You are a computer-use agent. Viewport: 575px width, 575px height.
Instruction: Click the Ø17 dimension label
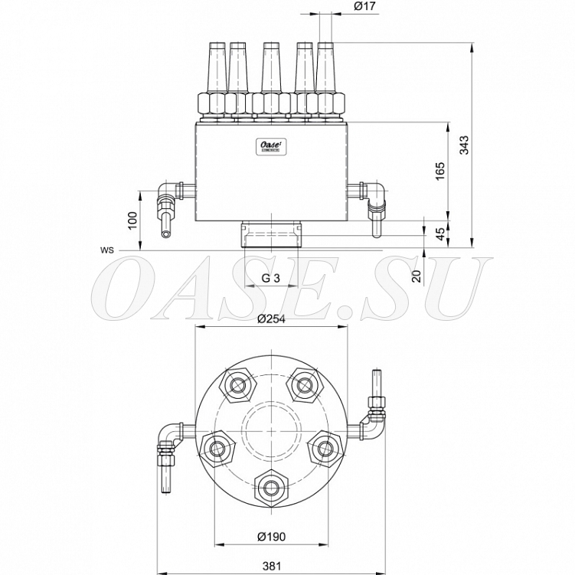point(365,6)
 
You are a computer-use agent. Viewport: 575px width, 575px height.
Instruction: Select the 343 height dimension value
point(464,145)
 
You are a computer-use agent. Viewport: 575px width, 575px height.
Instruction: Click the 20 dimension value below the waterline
point(417,276)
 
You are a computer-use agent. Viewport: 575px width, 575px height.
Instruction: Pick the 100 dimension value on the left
point(132,221)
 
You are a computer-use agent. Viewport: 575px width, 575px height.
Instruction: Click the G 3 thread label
point(270,279)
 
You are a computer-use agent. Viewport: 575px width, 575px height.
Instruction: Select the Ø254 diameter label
point(271,319)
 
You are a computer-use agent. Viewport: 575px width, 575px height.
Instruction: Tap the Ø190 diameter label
point(271,537)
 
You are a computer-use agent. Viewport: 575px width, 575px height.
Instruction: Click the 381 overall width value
point(272,566)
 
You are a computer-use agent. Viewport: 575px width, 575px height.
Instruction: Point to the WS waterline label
point(107,250)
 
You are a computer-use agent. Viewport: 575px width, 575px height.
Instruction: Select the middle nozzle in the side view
point(270,82)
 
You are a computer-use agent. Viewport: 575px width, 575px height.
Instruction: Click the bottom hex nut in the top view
point(272,488)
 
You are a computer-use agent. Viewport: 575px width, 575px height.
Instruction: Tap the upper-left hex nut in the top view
point(237,385)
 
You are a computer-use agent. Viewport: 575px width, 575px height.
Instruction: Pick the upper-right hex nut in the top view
point(305,384)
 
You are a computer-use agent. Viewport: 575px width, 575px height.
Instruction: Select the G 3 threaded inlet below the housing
point(270,235)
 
